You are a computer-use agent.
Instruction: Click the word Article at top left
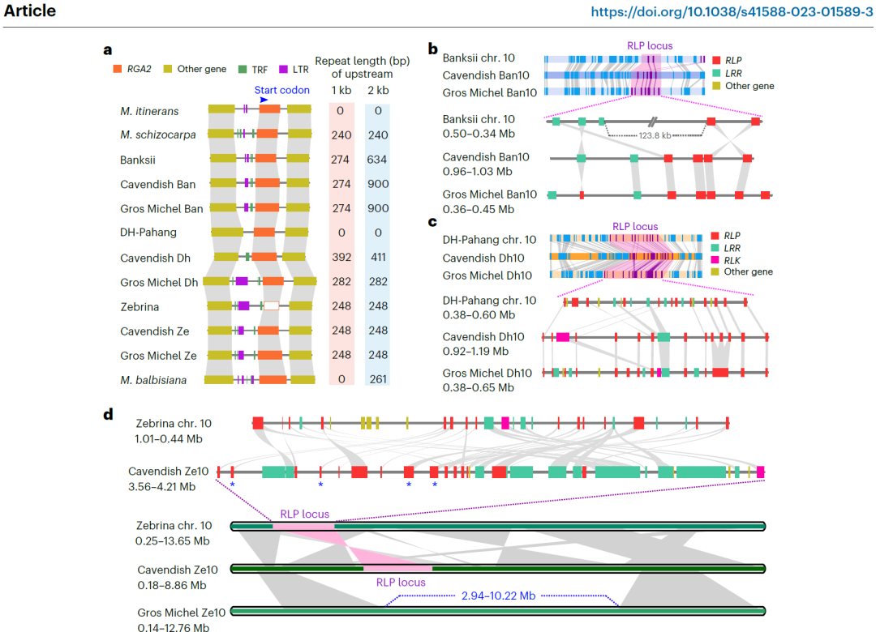[30, 11]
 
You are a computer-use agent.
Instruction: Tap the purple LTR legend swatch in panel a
[284, 69]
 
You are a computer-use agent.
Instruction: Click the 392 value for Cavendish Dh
[341, 258]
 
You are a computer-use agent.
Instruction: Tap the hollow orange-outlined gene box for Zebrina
[272, 306]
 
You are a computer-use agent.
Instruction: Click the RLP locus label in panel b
[650, 46]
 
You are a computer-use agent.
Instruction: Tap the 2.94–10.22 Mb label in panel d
[498, 596]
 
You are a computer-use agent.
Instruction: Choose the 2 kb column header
[377, 90]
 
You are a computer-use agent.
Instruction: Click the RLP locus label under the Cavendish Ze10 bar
[401, 582]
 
